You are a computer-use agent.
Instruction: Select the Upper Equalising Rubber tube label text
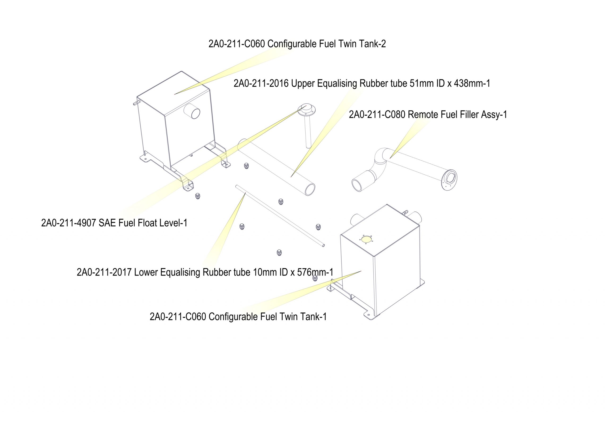(x=362, y=83)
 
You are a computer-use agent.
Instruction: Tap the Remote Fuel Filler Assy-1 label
(x=428, y=114)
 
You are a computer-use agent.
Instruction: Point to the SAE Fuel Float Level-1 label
(x=114, y=223)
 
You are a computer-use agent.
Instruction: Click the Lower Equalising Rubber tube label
(x=205, y=272)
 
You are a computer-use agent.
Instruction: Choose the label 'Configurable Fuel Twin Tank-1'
(x=238, y=316)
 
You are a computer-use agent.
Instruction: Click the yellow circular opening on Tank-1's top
(x=366, y=239)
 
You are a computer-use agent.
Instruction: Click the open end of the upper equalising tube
(x=310, y=190)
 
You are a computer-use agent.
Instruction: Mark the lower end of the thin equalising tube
(x=323, y=245)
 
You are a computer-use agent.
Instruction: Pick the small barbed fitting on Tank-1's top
(x=405, y=212)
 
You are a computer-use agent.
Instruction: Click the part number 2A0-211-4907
(x=68, y=223)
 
